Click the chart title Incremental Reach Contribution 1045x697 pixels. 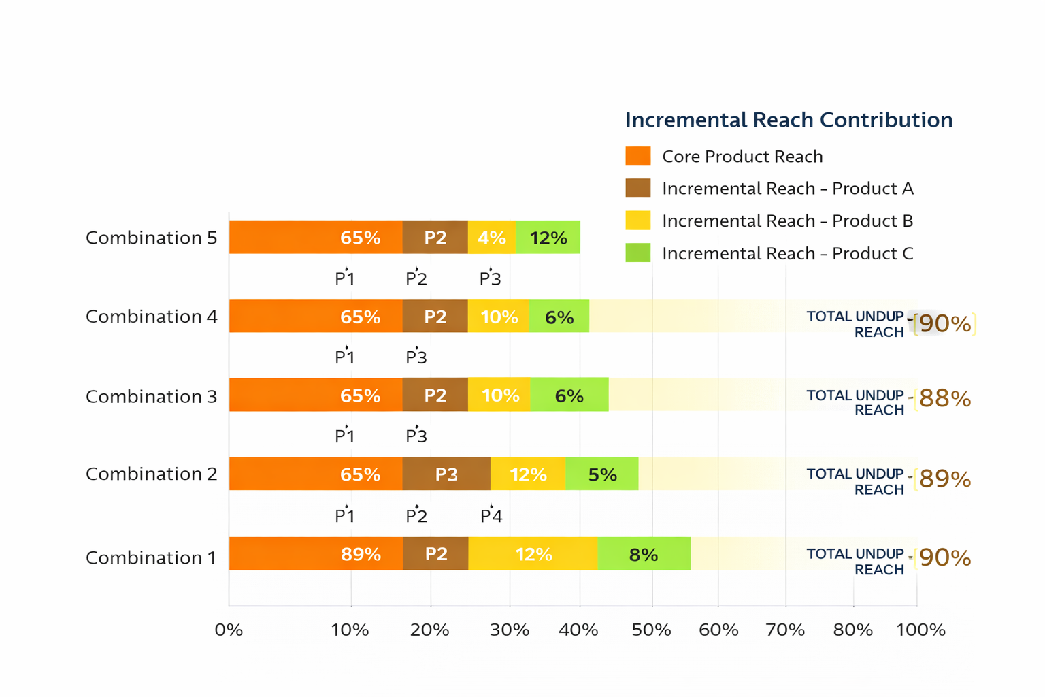pyautogui.click(x=789, y=120)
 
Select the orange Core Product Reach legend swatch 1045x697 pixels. pyautogui.click(x=637, y=156)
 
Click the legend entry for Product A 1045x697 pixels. pyautogui.click(x=787, y=189)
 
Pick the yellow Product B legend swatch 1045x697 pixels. pyautogui.click(x=637, y=221)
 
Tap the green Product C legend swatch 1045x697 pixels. pyautogui.click(x=637, y=253)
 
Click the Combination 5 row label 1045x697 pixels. pyautogui.click(x=151, y=238)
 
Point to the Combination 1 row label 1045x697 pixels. pyautogui.click(x=150, y=557)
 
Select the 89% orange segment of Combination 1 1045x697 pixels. pyautogui.click(x=316, y=553)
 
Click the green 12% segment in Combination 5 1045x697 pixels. pyautogui.click(x=548, y=238)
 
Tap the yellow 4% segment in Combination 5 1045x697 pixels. pyautogui.click(x=491, y=238)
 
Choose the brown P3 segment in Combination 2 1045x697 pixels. pyautogui.click(x=446, y=474)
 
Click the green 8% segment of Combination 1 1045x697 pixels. pyautogui.click(x=644, y=554)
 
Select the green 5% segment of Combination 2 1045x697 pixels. pyautogui.click(x=602, y=474)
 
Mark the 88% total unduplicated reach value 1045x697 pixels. pyautogui.click(x=944, y=399)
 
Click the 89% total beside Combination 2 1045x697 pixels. pyautogui.click(x=944, y=479)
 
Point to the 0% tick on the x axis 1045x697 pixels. pyautogui.click(x=229, y=630)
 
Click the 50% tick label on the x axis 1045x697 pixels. pyautogui.click(x=651, y=630)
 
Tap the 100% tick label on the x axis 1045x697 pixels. pyautogui.click(x=920, y=630)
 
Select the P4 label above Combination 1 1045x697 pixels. pyautogui.click(x=491, y=516)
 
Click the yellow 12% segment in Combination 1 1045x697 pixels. pyautogui.click(x=533, y=554)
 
